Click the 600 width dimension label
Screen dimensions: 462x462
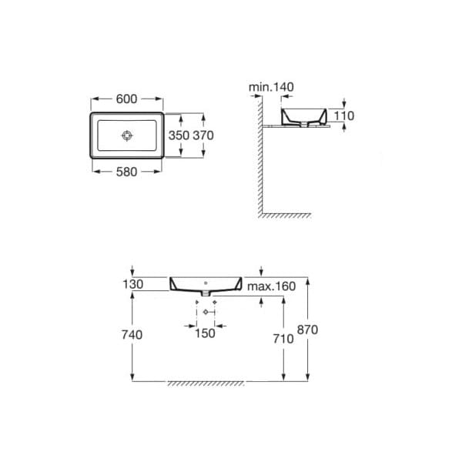point(126,99)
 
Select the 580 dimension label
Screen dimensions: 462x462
point(126,172)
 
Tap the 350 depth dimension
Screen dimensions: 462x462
point(179,136)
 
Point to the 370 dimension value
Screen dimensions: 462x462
point(203,136)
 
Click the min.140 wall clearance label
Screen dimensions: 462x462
point(271,87)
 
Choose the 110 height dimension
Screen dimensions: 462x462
point(344,115)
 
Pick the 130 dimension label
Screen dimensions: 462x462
point(133,284)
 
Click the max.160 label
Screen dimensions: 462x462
point(271,286)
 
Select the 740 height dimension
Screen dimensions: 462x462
point(132,335)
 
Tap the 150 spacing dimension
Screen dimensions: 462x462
point(205,333)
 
